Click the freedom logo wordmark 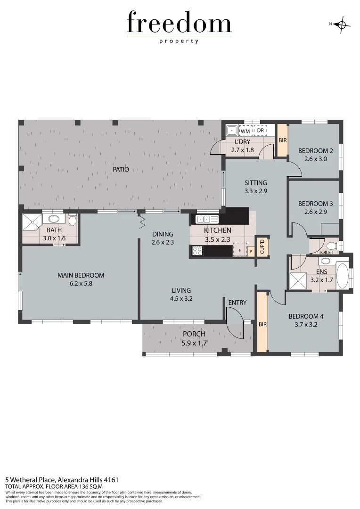coord(179,24)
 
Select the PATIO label coord(121,170)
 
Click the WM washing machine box coord(245,131)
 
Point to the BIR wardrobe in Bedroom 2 coord(282,140)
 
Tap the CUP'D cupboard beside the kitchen coord(262,246)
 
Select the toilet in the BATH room coord(72,221)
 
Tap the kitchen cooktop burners coord(197,251)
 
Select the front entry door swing coord(235,322)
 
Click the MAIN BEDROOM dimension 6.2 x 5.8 coord(81,283)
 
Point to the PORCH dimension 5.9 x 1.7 coord(194,343)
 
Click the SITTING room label coord(256,183)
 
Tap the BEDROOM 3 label coord(315,204)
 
